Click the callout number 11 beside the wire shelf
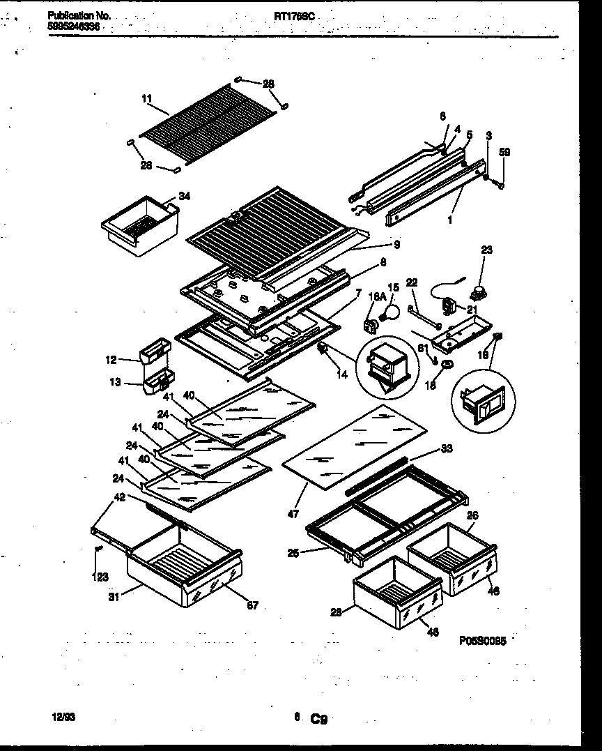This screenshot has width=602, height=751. click(x=146, y=100)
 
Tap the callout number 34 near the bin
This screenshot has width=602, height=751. click(x=184, y=196)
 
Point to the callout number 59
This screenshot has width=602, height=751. click(x=506, y=152)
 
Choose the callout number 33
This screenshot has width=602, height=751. click(x=447, y=448)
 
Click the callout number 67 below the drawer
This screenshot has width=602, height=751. click(x=252, y=605)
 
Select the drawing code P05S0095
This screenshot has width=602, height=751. click(x=482, y=639)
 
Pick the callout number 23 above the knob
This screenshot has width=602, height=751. click(x=486, y=250)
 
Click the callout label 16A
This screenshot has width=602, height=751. click(x=376, y=297)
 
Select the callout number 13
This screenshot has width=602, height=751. click(x=115, y=382)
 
